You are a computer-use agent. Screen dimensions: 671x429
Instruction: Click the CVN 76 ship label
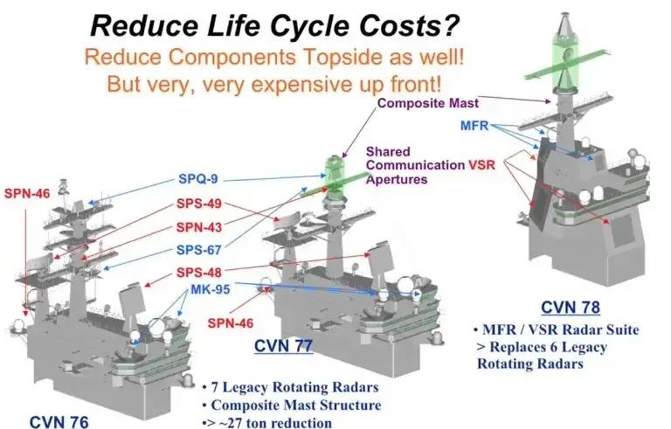click(59, 421)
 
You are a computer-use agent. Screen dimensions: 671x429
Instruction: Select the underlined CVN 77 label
click(283, 345)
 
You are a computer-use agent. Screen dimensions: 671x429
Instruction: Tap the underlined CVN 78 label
click(571, 307)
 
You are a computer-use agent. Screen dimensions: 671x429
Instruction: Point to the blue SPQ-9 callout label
click(198, 178)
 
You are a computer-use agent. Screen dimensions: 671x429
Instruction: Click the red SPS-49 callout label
click(199, 203)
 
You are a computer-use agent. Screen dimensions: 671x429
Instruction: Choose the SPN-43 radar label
click(199, 227)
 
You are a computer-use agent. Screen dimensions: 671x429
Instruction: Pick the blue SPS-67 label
click(199, 250)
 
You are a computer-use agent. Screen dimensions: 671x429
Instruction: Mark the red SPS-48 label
click(199, 273)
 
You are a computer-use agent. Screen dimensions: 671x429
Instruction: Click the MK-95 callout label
click(210, 289)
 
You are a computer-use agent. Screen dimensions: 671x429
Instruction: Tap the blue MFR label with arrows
click(474, 126)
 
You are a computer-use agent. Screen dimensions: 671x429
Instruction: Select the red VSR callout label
click(482, 165)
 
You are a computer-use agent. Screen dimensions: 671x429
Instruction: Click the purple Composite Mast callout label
click(428, 103)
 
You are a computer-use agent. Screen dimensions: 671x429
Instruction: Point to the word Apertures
click(397, 179)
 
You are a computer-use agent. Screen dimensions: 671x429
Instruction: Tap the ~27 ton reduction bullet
click(267, 423)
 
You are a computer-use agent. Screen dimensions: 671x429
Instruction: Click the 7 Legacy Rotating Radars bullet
click(291, 387)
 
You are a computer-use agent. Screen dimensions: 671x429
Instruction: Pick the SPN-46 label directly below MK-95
click(231, 322)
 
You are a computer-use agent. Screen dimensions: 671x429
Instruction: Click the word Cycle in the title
click(310, 25)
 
